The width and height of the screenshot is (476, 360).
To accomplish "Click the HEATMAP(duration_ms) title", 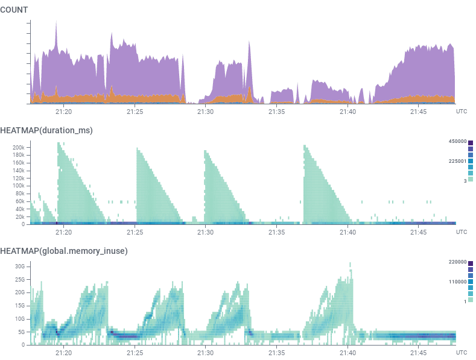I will point(46,130).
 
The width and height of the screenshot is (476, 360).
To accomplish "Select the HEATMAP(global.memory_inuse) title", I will point(63,251).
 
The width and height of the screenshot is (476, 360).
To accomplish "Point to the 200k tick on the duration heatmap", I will point(18,147).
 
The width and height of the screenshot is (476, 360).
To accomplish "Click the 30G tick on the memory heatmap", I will point(19,267).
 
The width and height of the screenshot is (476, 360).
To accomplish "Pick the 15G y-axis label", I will point(19,306).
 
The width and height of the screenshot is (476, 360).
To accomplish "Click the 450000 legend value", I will point(456,142).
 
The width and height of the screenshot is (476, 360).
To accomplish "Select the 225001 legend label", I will point(456,161).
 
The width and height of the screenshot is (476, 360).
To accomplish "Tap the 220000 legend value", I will point(456,262).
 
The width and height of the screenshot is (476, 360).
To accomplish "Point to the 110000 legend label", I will point(456,282).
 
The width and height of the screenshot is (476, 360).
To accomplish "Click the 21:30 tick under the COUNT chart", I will point(206,112).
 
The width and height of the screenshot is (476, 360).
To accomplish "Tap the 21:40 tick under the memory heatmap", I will point(348,353).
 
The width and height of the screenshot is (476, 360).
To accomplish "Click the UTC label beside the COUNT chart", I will point(462,112).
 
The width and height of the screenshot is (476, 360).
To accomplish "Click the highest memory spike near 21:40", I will point(350,264).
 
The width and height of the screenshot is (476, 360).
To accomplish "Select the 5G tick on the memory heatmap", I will point(21,332).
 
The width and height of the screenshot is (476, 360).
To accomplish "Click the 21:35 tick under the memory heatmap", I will point(277,353).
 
